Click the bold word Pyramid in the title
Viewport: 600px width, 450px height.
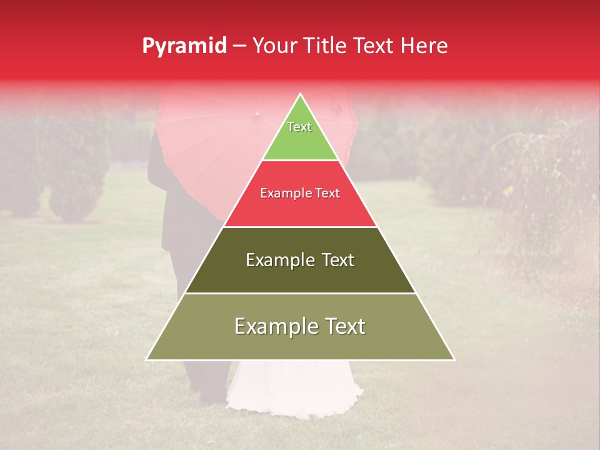(184, 46)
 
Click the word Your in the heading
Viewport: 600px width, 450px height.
(276, 46)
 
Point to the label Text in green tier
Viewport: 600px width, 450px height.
(299, 127)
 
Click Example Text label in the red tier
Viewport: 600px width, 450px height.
(300, 194)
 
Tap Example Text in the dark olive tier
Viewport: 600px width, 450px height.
(300, 260)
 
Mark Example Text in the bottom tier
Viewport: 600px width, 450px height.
(300, 326)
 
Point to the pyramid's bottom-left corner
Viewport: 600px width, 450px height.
(147, 359)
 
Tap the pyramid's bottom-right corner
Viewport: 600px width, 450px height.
(454, 359)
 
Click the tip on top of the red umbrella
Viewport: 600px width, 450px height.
(256, 115)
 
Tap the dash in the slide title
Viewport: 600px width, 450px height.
(239, 46)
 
